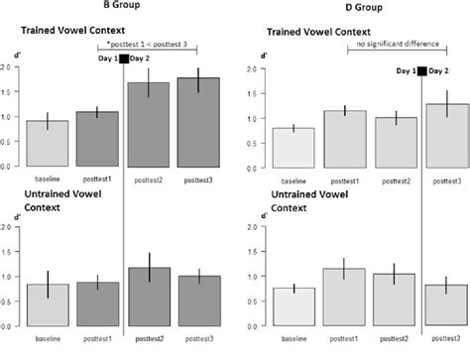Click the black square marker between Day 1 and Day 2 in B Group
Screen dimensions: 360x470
123,60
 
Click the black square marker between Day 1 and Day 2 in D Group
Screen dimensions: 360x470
422,71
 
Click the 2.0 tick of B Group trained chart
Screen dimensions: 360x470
8,66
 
